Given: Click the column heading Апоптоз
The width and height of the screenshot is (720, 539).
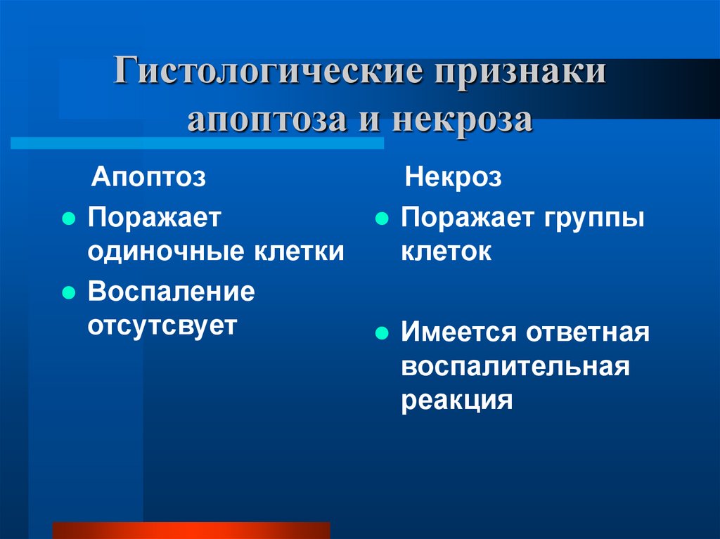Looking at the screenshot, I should tap(149, 177).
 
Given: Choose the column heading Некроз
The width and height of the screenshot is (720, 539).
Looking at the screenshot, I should tap(454, 177).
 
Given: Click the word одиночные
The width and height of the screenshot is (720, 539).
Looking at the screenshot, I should tap(160, 252).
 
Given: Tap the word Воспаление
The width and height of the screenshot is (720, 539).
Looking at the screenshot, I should tap(171, 292).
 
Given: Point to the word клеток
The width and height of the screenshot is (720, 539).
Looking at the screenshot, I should tap(446, 252).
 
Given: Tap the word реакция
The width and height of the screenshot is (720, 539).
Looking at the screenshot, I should tap(456, 401).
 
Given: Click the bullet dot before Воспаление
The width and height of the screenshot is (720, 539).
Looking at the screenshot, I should tap(68, 292).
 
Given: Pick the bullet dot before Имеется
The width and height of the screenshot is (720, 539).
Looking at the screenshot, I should tap(382, 333).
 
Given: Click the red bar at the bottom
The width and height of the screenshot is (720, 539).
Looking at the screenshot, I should tap(191, 530).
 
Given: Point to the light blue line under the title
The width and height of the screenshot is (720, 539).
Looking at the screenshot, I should tap(197, 143).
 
